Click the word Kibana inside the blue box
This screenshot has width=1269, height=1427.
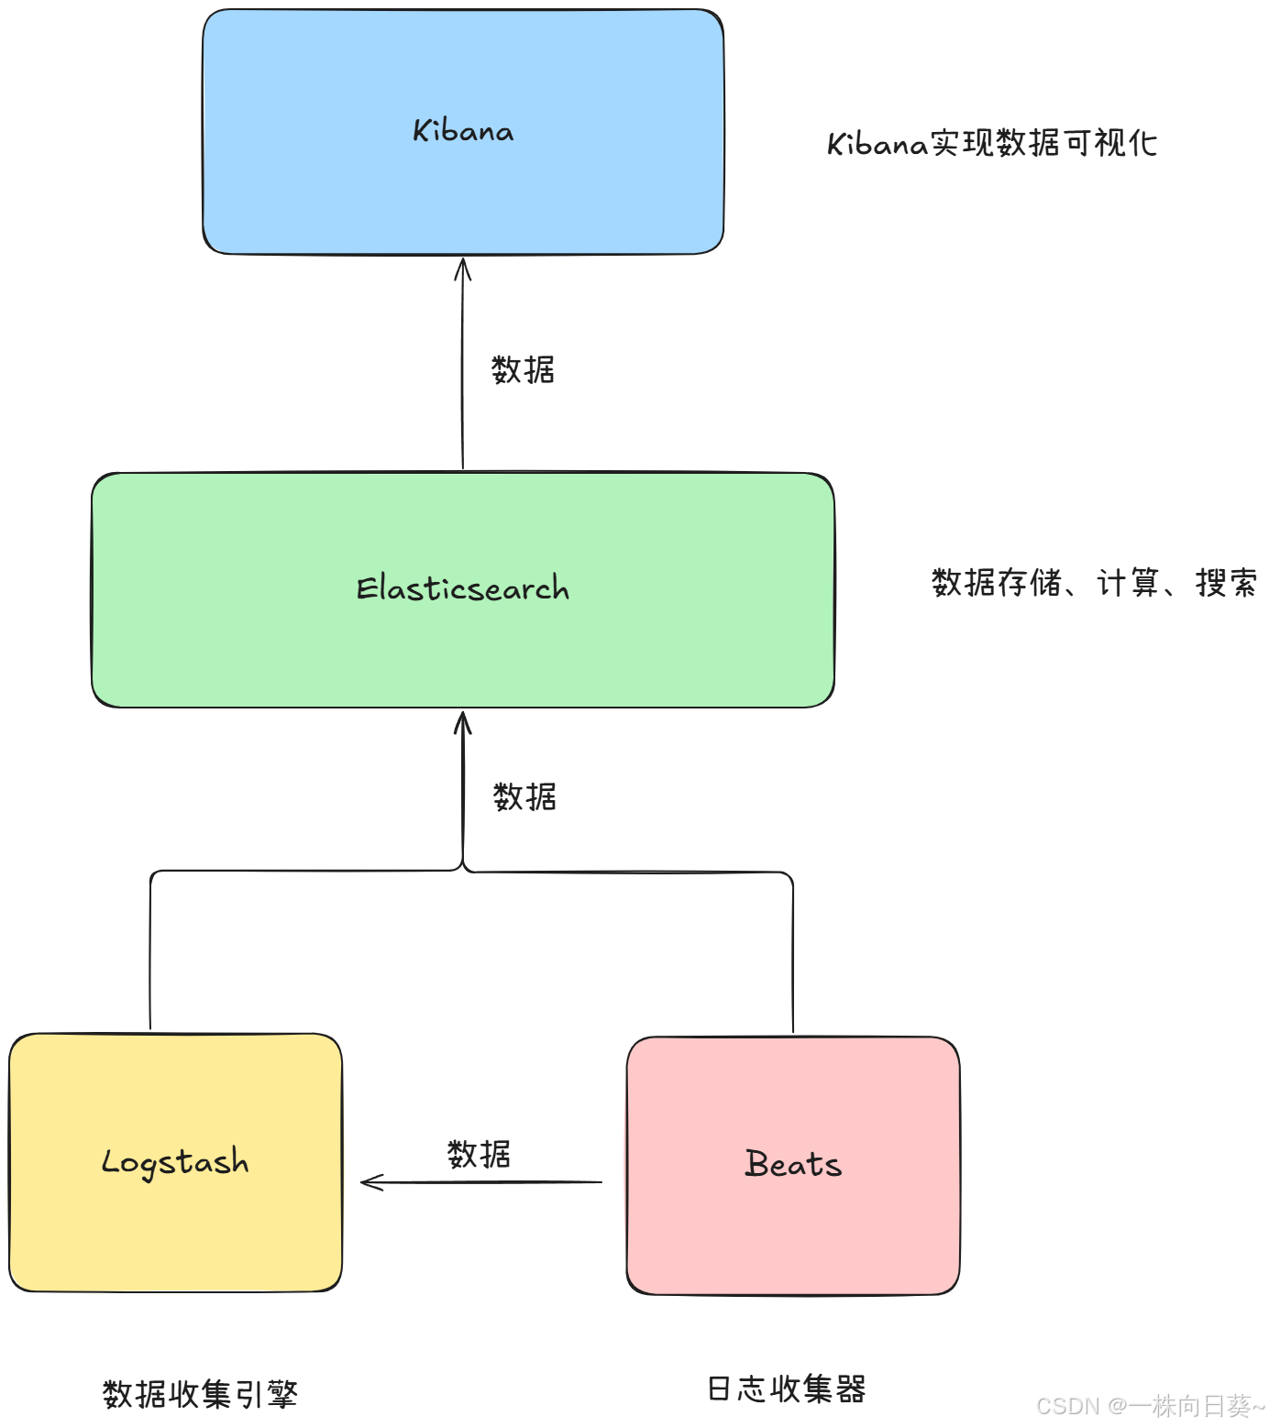click(463, 131)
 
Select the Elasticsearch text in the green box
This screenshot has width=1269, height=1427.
click(463, 588)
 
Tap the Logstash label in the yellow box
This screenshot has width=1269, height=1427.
click(175, 1162)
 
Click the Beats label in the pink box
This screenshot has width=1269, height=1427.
click(793, 1164)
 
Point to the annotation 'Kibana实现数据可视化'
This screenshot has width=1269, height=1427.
click(992, 144)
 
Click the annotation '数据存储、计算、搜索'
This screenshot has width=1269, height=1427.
click(1094, 583)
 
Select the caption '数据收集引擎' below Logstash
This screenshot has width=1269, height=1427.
click(200, 1394)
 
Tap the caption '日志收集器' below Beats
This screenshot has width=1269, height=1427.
click(787, 1389)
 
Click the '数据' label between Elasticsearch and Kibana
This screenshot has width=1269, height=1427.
click(523, 370)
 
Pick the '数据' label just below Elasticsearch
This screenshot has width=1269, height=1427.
click(524, 797)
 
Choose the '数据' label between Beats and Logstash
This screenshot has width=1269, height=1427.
click(479, 1155)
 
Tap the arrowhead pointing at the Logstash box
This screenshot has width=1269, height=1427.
click(370, 1182)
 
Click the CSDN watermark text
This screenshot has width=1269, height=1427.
click(1150, 1406)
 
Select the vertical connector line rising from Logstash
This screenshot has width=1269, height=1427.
click(150, 953)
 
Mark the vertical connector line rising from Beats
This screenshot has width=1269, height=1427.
click(792, 953)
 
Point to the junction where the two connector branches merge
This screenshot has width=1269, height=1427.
click(463, 867)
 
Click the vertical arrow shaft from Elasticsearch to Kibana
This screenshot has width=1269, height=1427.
click(462, 367)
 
